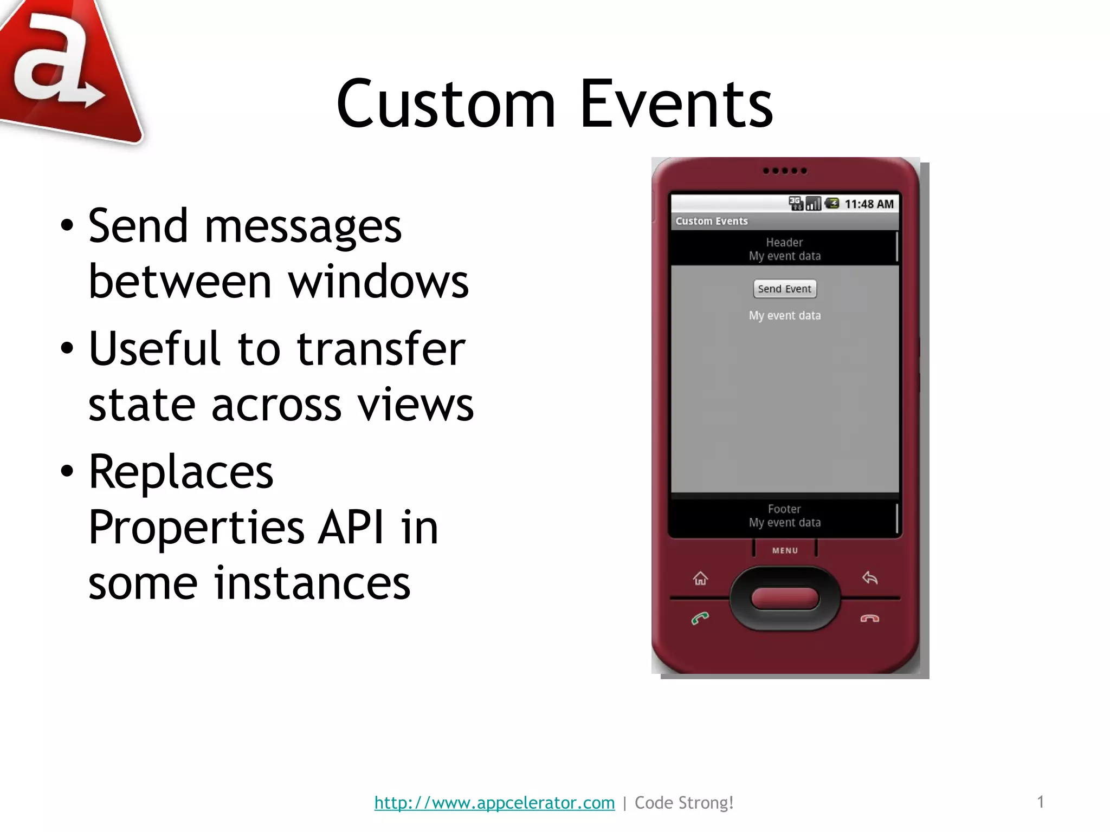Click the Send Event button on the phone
tap(784, 289)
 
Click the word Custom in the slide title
tap(446, 104)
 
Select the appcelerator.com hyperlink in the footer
tap(494, 802)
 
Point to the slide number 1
tap(1040, 802)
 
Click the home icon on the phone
tap(700, 578)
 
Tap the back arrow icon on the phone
tap(869, 578)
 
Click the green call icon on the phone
tap(700, 618)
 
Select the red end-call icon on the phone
tap(869, 619)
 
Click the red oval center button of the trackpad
tap(784, 599)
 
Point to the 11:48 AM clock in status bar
tap(869, 204)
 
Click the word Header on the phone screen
tap(784, 242)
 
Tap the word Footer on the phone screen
tap(784, 509)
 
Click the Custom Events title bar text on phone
tap(711, 221)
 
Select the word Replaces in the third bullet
tap(181, 472)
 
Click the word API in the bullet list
tap(350, 527)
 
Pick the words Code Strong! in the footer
tap(684, 802)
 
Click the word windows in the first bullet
tap(378, 282)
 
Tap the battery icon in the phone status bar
tap(831, 204)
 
